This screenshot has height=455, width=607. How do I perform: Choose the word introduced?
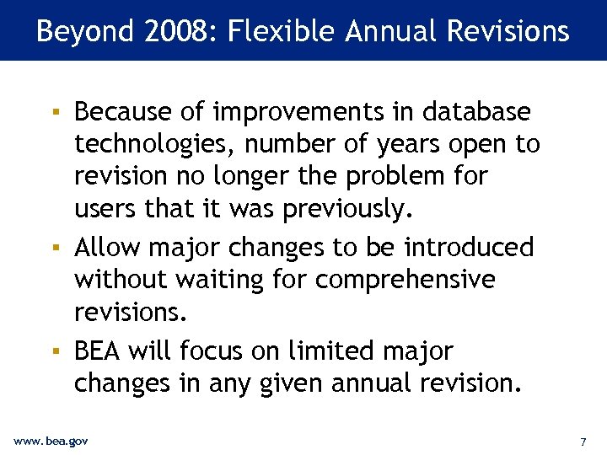tap(468, 247)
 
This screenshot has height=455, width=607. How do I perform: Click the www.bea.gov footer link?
tap(51, 441)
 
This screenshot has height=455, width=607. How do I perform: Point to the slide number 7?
tap(583, 442)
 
